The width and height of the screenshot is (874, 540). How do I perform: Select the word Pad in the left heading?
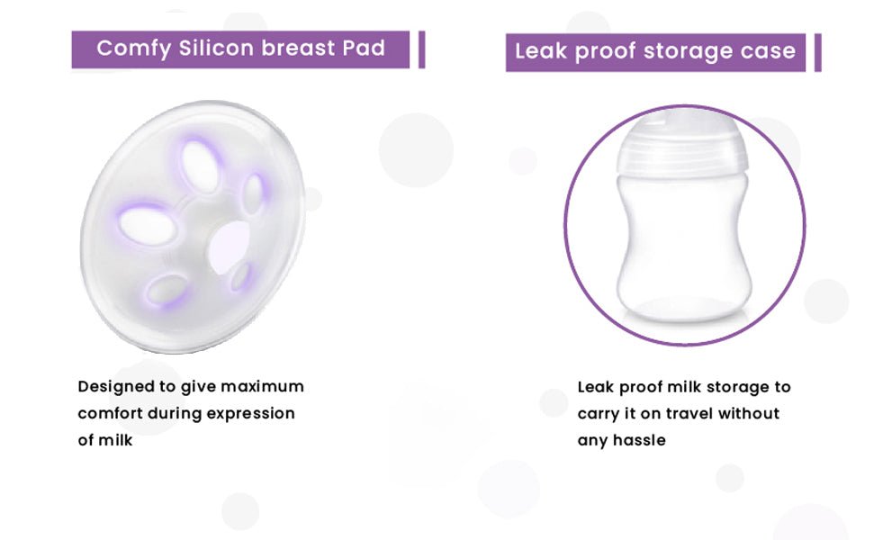tap(364, 48)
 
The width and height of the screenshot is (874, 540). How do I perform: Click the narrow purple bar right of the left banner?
tap(421, 49)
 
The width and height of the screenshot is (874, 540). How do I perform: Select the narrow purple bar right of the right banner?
tap(818, 52)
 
